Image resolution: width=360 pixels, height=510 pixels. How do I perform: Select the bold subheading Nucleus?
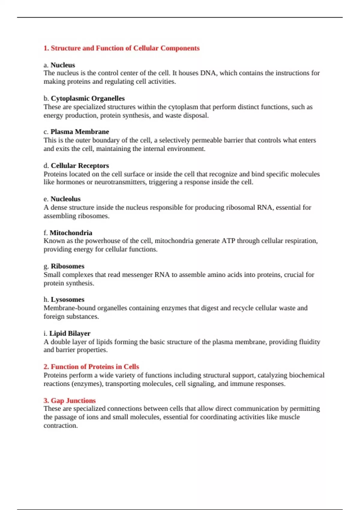tap(63, 65)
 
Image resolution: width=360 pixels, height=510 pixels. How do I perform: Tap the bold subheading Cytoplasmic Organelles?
tap(88, 98)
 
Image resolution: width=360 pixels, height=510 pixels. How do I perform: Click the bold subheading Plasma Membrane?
tap(79, 132)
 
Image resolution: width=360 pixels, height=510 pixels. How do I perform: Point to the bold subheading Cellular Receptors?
tap(80, 166)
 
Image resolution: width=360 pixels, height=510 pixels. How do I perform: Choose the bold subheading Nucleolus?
tap(65, 199)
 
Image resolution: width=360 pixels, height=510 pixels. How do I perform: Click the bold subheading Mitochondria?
tap(71, 233)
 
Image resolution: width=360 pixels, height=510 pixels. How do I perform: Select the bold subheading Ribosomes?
tap(67, 266)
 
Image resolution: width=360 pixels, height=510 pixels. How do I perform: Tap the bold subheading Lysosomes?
tap(67, 299)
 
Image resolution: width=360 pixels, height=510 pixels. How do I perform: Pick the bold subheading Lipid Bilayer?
tap(70, 333)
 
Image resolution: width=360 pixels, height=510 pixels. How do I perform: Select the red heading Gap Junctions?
tap(73, 400)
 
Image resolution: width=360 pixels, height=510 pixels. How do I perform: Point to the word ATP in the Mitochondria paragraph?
tap(228, 241)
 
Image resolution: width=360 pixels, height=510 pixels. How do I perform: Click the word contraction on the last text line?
tap(60, 426)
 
